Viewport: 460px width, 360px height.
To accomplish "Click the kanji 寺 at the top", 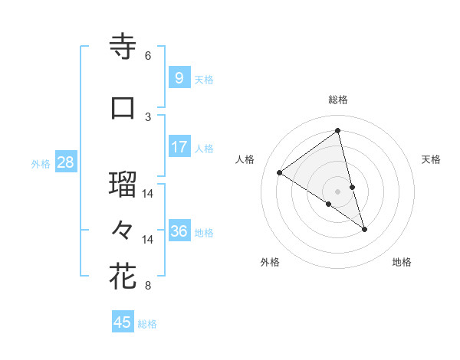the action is [123, 46].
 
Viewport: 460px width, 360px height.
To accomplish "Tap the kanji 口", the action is [123, 107].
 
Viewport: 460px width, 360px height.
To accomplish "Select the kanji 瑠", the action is [123, 184].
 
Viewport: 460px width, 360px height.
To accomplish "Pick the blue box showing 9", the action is [179, 78].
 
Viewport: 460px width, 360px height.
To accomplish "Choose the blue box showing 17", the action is [179, 147].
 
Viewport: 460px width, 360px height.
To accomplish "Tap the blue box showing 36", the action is [179, 231].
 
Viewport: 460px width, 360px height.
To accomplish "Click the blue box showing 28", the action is [65, 162].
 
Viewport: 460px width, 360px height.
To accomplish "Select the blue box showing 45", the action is [123, 322].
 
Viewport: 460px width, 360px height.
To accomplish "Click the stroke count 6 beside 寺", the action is [148, 56].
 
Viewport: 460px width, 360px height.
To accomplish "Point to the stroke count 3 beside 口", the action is [148, 116].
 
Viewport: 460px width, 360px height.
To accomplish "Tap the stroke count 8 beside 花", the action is [148, 286].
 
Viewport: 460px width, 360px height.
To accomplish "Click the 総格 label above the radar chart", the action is [337, 100].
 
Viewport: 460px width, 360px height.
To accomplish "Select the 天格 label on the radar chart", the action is [431, 159].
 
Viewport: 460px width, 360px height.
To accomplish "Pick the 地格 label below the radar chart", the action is [402, 262].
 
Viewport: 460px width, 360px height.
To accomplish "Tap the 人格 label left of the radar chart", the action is [245, 159].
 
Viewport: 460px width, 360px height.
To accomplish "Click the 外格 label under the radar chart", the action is [270, 262].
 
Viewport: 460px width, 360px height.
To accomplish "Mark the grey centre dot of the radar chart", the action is [337, 191].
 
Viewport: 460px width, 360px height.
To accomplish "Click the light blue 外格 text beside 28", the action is [40, 163].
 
